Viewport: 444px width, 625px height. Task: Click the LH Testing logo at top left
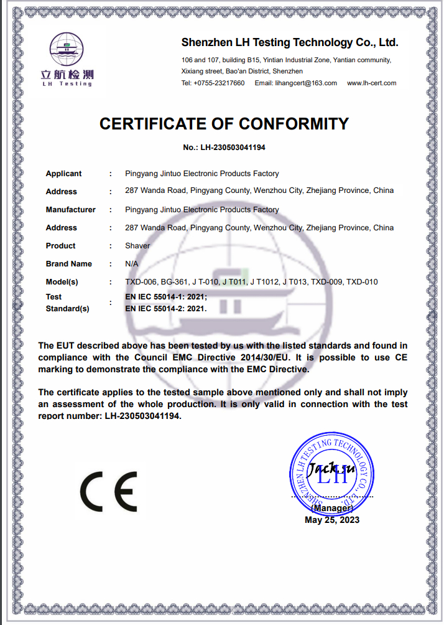pos(67,59)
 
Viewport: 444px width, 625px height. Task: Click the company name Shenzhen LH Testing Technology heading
pos(289,42)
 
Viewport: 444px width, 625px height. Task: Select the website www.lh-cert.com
pos(371,83)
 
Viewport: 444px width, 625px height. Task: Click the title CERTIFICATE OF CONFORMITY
pos(224,123)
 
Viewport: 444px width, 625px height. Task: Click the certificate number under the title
pos(224,148)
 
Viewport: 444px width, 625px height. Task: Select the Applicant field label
pos(63,174)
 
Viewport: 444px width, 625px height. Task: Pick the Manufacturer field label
pos(70,210)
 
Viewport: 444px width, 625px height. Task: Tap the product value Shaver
pos(137,246)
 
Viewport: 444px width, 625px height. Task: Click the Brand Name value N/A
pos(131,264)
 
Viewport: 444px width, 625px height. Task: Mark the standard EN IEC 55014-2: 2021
pos(165,308)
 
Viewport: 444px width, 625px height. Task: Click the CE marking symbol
pos(108,491)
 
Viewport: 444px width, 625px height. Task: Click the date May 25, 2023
pos(331,520)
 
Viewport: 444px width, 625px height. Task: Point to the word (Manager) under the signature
pos(331,508)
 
